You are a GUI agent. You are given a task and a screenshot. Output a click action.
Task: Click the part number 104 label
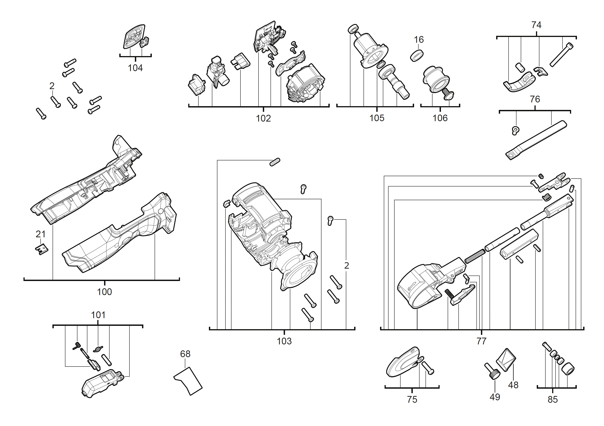135,68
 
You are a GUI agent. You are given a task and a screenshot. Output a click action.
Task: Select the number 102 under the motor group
263,118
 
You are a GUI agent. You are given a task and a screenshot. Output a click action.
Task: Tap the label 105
377,118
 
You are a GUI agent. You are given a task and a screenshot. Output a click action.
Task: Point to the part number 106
440,118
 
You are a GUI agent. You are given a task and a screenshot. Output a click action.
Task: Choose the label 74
536,25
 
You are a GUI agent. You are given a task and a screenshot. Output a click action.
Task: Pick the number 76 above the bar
535,99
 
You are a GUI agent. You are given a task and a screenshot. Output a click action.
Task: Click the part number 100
104,292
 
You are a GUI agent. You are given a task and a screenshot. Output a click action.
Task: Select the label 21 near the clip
41,234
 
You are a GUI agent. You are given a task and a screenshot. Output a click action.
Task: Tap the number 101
98,315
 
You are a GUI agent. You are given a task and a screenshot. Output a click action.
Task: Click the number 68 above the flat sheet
185,354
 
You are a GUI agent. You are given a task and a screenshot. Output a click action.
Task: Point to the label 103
284,341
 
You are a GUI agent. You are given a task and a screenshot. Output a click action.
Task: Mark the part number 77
481,341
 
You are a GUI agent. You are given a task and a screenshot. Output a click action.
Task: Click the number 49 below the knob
494,397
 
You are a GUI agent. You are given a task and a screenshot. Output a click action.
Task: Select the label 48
513,385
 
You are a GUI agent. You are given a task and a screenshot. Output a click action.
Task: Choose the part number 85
553,400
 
